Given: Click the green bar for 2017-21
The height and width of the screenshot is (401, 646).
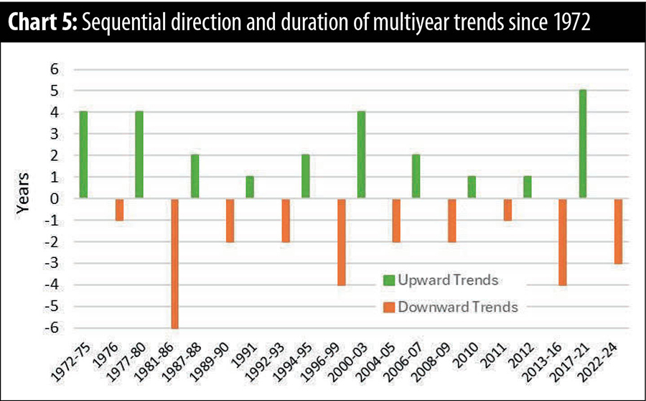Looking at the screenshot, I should (x=583, y=144).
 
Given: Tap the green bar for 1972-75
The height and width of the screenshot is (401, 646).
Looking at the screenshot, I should (x=84, y=155).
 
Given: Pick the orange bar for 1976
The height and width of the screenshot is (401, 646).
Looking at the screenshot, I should (x=118, y=210).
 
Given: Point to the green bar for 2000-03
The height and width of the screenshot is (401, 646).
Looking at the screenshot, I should (x=360, y=155).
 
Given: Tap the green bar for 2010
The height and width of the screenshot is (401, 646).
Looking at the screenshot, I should (x=472, y=188).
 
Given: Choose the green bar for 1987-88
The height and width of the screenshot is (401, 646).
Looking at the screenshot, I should (x=194, y=177).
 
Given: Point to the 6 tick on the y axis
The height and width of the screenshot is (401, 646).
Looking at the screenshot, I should (x=52, y=69).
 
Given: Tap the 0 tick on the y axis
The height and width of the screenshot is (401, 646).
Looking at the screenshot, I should (x=52, y=199).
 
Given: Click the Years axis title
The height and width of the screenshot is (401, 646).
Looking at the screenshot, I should (x=24, y=199).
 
